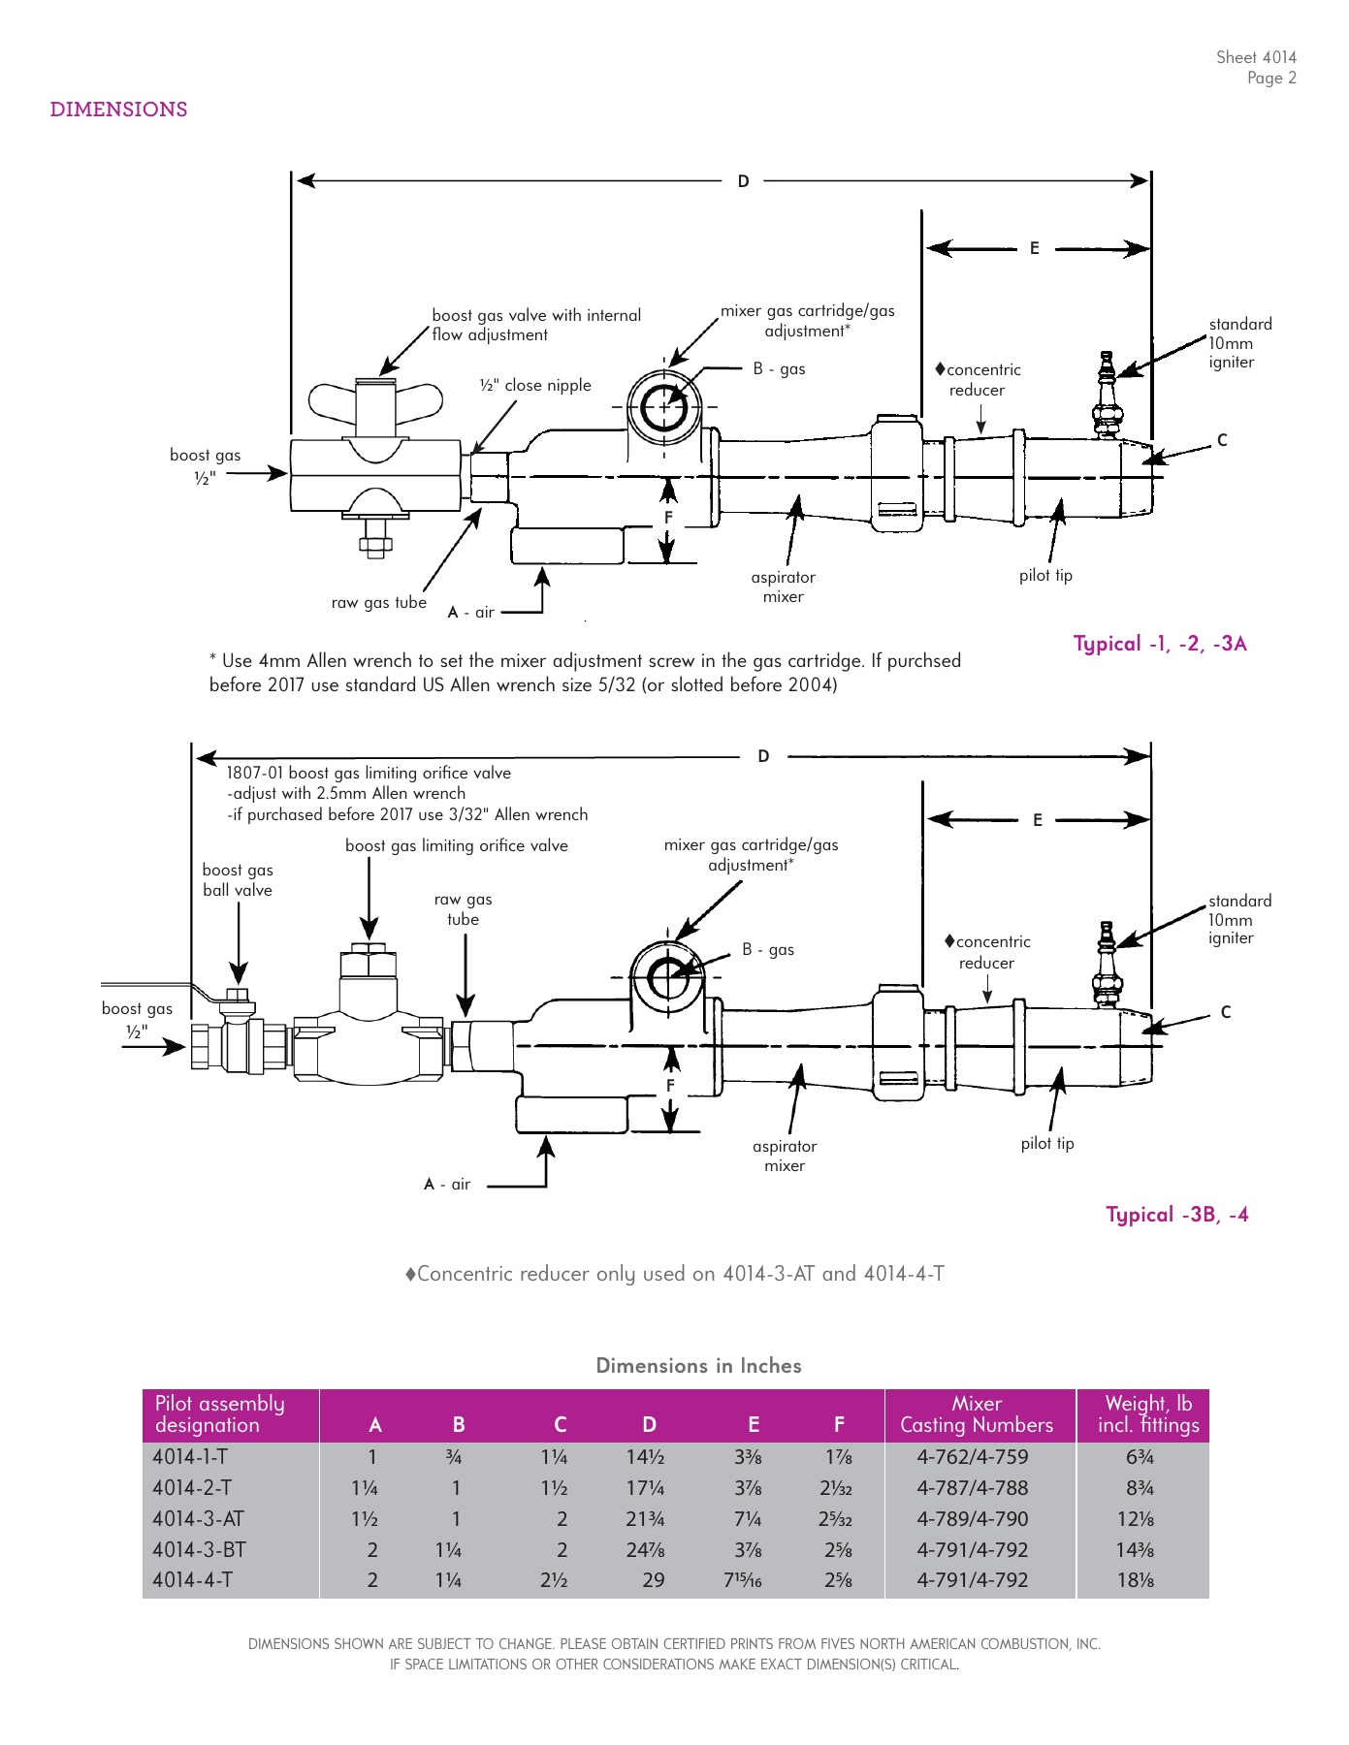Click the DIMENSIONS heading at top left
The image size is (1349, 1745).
click(x=118, y=110)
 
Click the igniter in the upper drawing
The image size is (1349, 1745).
click(x=1107, y=397)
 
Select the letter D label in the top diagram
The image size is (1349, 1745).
click(x=743, y=181)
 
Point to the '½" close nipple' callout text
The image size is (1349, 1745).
click(x=535, y=385)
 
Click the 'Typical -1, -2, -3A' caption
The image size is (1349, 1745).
click(x=1160, y=644)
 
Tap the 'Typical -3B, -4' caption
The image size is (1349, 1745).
click(x=1176, y=1215)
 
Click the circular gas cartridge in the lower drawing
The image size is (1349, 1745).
click(x=667, y=977)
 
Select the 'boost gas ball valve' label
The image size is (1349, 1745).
click(x=238, y=880)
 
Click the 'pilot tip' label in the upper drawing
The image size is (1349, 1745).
click(x=1045, y=575)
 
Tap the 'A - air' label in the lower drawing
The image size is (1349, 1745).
click(x=447, y=1184)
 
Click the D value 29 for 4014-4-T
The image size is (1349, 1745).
click(x=654, y=1580)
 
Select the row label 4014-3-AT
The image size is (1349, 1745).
click(x=198, y=1519)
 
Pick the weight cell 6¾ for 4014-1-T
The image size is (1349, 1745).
click(x=1140, y=1457)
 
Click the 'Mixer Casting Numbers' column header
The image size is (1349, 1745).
click(x=977, y=1414)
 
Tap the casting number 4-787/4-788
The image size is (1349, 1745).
click(x=973, y=1488)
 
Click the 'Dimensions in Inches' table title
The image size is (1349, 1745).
click(x=698, y=1366)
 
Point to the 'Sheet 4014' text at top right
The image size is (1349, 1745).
click(x=1256, y=57)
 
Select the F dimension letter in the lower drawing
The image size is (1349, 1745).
click(x=670, y=1086)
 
